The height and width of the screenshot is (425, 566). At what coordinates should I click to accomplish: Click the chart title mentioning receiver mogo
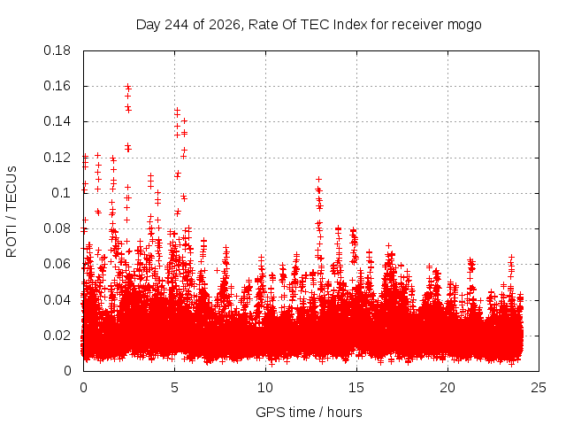click(309, 25)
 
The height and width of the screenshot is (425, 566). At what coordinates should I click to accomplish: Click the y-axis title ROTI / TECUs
click(11, 212)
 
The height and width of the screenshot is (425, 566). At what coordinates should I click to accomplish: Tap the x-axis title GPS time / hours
click(309, 412)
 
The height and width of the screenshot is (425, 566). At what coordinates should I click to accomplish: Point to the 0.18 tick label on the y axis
click(57, 50)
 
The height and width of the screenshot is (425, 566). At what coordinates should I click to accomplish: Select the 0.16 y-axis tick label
click(57, 86)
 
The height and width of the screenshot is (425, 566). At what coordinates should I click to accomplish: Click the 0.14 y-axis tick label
click(57, 121)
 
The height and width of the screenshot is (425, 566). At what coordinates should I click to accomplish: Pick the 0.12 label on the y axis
click(57, 158)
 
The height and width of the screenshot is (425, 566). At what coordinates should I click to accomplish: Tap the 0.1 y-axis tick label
click(61, 193)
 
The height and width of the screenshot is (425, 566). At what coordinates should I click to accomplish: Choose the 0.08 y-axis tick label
click(57, 228)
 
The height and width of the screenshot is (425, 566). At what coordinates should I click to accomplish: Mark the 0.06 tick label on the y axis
click(57, 264)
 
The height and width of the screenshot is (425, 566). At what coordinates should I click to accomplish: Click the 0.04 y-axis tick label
click(57, 300)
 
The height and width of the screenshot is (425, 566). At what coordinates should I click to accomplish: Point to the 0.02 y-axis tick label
click(57, 336)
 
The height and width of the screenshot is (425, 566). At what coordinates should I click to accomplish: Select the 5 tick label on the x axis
click(175, 388)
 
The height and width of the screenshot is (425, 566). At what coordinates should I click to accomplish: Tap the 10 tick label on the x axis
click(265, 388)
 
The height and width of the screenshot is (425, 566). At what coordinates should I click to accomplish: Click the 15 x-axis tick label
click(356, 388)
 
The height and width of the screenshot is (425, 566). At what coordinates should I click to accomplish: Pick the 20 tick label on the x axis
click(447, 388)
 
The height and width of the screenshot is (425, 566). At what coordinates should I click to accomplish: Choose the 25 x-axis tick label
click(539, 388)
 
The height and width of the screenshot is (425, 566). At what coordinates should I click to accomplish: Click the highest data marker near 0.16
click(127, 87)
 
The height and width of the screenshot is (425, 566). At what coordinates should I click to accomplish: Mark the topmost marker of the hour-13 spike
click(318, 179)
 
